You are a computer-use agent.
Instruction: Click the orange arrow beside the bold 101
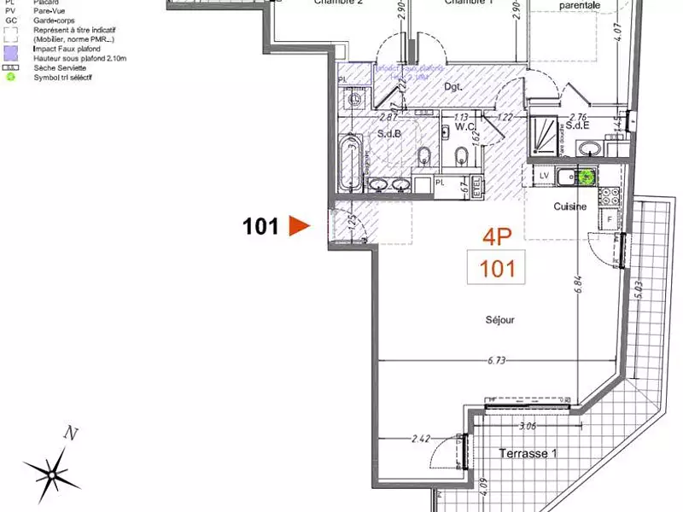click(298, 226)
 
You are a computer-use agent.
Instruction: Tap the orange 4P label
click(497, 236)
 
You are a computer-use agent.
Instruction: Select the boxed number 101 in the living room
click(497, 269)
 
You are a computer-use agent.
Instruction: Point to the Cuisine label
click(569, 207)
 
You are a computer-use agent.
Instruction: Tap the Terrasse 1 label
click(528, 453)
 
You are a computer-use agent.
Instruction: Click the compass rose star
click(53, 468)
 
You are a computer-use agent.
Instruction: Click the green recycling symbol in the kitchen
click(587, 177)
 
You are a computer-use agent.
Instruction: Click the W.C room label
click(464, 127)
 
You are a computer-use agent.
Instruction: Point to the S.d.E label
click(578, 126)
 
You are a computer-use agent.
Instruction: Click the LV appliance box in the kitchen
click(543, 175)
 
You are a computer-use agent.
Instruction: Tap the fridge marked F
click(610, 219)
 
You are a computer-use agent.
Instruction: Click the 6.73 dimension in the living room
click(496, 361)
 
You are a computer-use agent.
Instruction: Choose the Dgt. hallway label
click(453, 86)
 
